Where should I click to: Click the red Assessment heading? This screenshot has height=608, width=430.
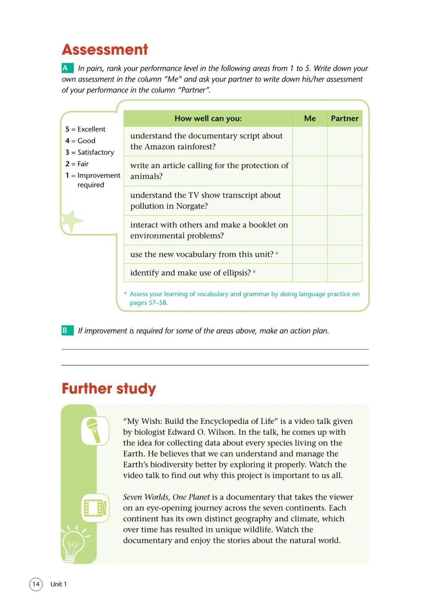pos(105,50)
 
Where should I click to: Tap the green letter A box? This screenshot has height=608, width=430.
pos(66,68)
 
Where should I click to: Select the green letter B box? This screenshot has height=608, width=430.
pos(66,330)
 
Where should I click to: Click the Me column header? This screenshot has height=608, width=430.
pos(310,118)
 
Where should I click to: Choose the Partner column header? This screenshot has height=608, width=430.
pos(344,118)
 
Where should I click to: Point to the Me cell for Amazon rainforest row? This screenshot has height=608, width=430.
pos(310,141)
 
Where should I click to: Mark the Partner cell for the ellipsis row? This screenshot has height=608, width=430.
pos(344,273)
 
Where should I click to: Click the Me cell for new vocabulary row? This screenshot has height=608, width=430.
pos(310,254)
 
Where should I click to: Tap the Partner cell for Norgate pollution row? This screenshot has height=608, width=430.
pos(344,200)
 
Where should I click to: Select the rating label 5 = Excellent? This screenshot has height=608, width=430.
pos(85,129)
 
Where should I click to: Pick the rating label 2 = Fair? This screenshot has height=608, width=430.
pos(77,164)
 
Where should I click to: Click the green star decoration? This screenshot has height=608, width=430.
pos(70,220)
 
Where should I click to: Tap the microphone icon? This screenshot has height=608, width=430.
pos(95,430)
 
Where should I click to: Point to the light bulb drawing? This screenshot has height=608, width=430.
pos(74,544)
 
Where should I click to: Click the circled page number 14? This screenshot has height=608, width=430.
pos(36,584)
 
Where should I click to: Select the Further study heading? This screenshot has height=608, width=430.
pos(109,388)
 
